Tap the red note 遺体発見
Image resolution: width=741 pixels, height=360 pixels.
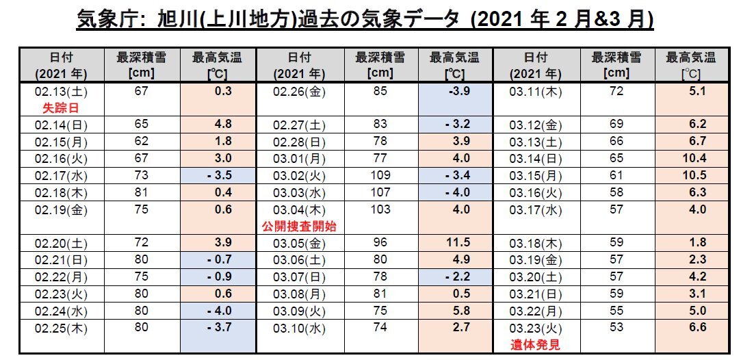(536, 345)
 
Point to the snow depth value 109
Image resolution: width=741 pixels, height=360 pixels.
(380, 175)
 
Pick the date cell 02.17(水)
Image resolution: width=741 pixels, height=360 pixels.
(61, 175)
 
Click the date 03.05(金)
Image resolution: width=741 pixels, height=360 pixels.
(299, 243)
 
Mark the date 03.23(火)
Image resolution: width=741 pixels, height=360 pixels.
(536, 328)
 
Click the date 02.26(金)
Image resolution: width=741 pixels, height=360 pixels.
(299, 92)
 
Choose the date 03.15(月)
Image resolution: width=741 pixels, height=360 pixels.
(536, 175)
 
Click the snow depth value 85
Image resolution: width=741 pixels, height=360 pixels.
(380, 91)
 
